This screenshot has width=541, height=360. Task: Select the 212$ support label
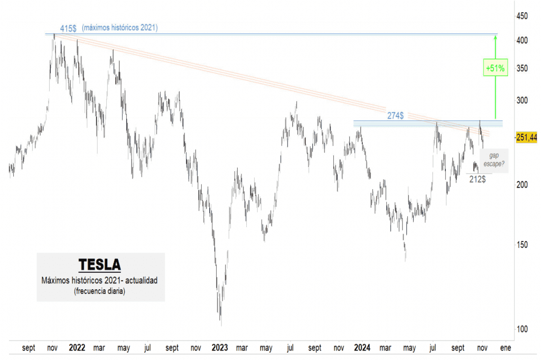click(x=478, y=179)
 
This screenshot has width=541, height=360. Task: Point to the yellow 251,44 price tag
click(x=526, y=137)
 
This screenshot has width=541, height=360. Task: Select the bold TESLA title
click(x=99, y=264)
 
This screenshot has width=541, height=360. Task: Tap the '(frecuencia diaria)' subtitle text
click(x=100, y=292)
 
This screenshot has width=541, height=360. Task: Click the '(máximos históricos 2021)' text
click(x=120, y=27)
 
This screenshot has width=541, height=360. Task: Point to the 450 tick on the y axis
click(x=522, y=16)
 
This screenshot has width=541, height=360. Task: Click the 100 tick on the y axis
click(x=522, y=329)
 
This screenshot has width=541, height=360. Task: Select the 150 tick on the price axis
click(x=522, y=245)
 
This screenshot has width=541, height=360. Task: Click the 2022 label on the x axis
click(x=77, y=348)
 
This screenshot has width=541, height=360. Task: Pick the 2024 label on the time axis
click(x=362, y=348)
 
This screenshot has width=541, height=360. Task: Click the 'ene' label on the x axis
click(x=506, y=348)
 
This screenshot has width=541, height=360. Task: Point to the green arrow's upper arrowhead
click(x=495, y=37)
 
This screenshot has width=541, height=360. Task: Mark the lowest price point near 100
click(x=220, y=324)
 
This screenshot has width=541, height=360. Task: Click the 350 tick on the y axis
click(x=522, y=68)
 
